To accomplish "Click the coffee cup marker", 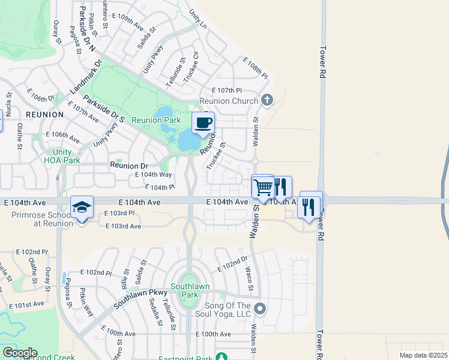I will [203, 123].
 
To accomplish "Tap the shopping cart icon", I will [263, 187].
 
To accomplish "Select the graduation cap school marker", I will [82, 208].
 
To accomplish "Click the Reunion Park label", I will [156, 121].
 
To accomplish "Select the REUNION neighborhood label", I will [44, 114].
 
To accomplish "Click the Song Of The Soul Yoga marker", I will [260, 308].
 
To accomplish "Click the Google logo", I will [19, 353].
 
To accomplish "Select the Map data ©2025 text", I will [423, 355].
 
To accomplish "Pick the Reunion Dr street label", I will [128, 165].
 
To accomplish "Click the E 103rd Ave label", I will [123, 226].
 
